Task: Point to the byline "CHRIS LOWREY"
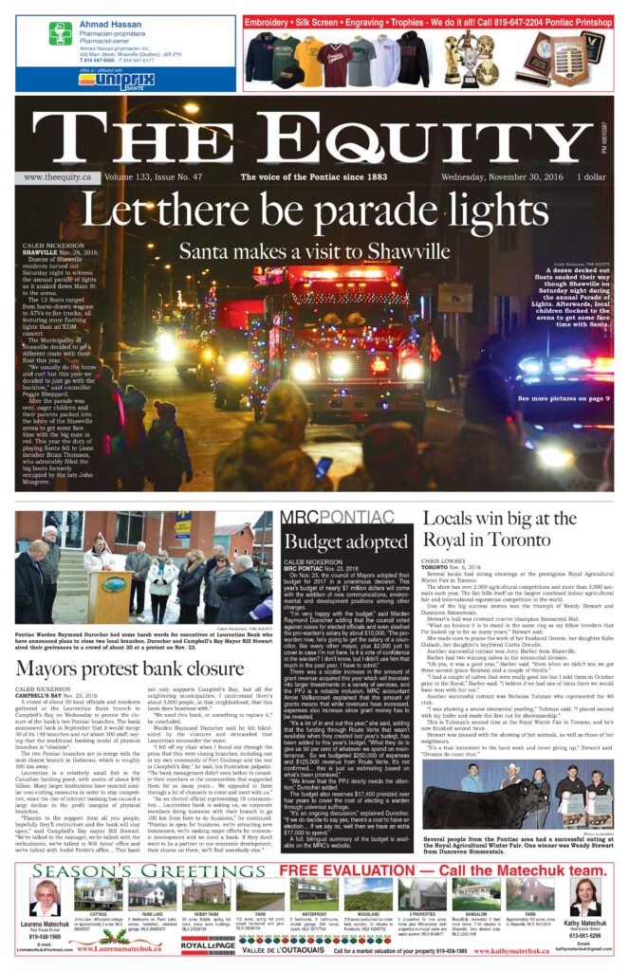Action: [x=443, y=560]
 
